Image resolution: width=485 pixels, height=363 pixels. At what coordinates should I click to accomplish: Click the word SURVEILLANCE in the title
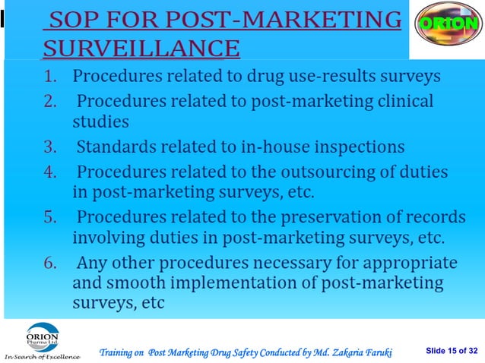[141, 49]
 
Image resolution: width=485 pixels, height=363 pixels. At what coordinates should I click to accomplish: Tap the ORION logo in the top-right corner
[447, 24]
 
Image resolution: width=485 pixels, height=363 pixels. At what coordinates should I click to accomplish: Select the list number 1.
[50, 77]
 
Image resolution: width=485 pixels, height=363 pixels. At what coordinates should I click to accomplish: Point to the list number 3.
[50, 147]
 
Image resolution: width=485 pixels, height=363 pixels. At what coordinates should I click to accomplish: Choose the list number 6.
[50, 264]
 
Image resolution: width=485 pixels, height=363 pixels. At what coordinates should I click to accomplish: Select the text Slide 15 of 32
[452, 349]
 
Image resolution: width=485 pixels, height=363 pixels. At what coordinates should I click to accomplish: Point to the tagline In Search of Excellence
[42, 356]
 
